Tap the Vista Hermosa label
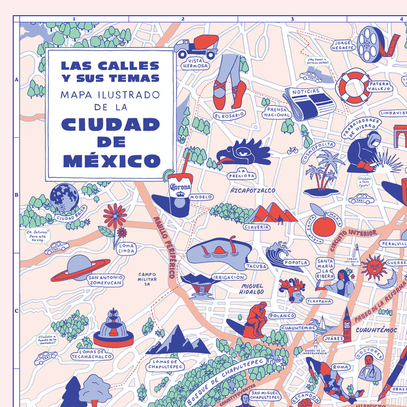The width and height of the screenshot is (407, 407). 195,63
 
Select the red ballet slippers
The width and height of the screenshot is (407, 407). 229,95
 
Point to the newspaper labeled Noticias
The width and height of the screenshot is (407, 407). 309,103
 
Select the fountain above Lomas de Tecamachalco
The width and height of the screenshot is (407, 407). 113,329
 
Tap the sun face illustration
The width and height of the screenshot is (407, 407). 374,267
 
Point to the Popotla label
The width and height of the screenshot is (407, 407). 296,263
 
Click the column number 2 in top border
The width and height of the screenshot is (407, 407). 183,19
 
